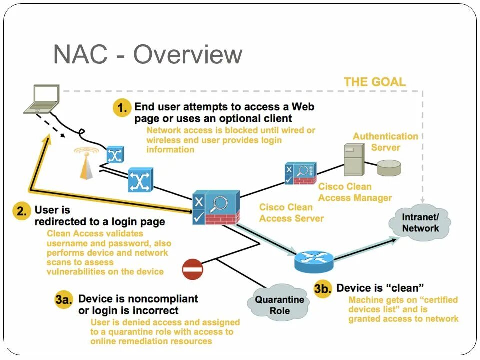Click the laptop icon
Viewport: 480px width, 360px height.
pyautogui.click(x=42, y=99)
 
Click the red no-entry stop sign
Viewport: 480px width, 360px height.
pyautogui.click(x=192, y=269)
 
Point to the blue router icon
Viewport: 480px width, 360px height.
pyautogui.click(x=314, y=261)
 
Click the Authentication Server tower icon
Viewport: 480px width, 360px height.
pyautogui.click(x=354, y=160)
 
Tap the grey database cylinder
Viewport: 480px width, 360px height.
pyautogui.click(x=389, y=168)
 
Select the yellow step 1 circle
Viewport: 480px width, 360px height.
pyautogui.click(x=122, y=108)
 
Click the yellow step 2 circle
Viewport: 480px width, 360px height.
pyautogui.click(x=22, y=211)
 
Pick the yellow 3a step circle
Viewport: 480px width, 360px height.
pyautogui.click(x=64, y=299)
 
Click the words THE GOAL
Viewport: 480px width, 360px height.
pyautogui.click(x=374, y=82)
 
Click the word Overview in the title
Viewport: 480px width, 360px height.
pyautogui.click(x=187, y=55)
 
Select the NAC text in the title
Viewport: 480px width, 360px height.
pyautogui.click(x=81, y=54)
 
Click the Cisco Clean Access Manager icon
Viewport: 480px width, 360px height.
pyautogui.click(x=300, y=173)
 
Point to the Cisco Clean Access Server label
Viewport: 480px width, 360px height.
pyautogui.click(x=291, y=213)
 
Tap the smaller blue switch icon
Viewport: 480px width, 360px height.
pyautogui.click(x=115, y=155)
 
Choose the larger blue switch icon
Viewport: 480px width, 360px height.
pyautogui.click(x=140, y=180)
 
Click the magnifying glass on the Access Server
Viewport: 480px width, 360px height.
pyautogui.click(x=220, y=204)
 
